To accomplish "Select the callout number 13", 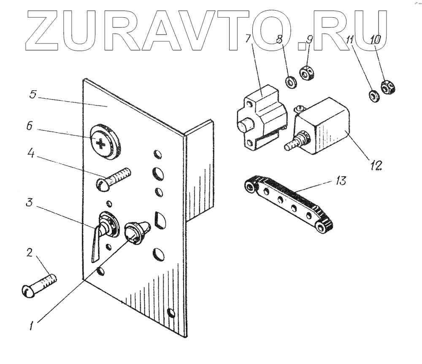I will pyautogui.click(x=341, y=181).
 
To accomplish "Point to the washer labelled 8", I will pyautogui.click(x=290, y=82).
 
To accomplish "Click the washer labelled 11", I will pyautogui.click(x=373, y=96).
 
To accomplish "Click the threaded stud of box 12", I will pyautogui.click(x=296, y=141).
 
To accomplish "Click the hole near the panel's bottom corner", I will pyautogui.click(x=171, y=313).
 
